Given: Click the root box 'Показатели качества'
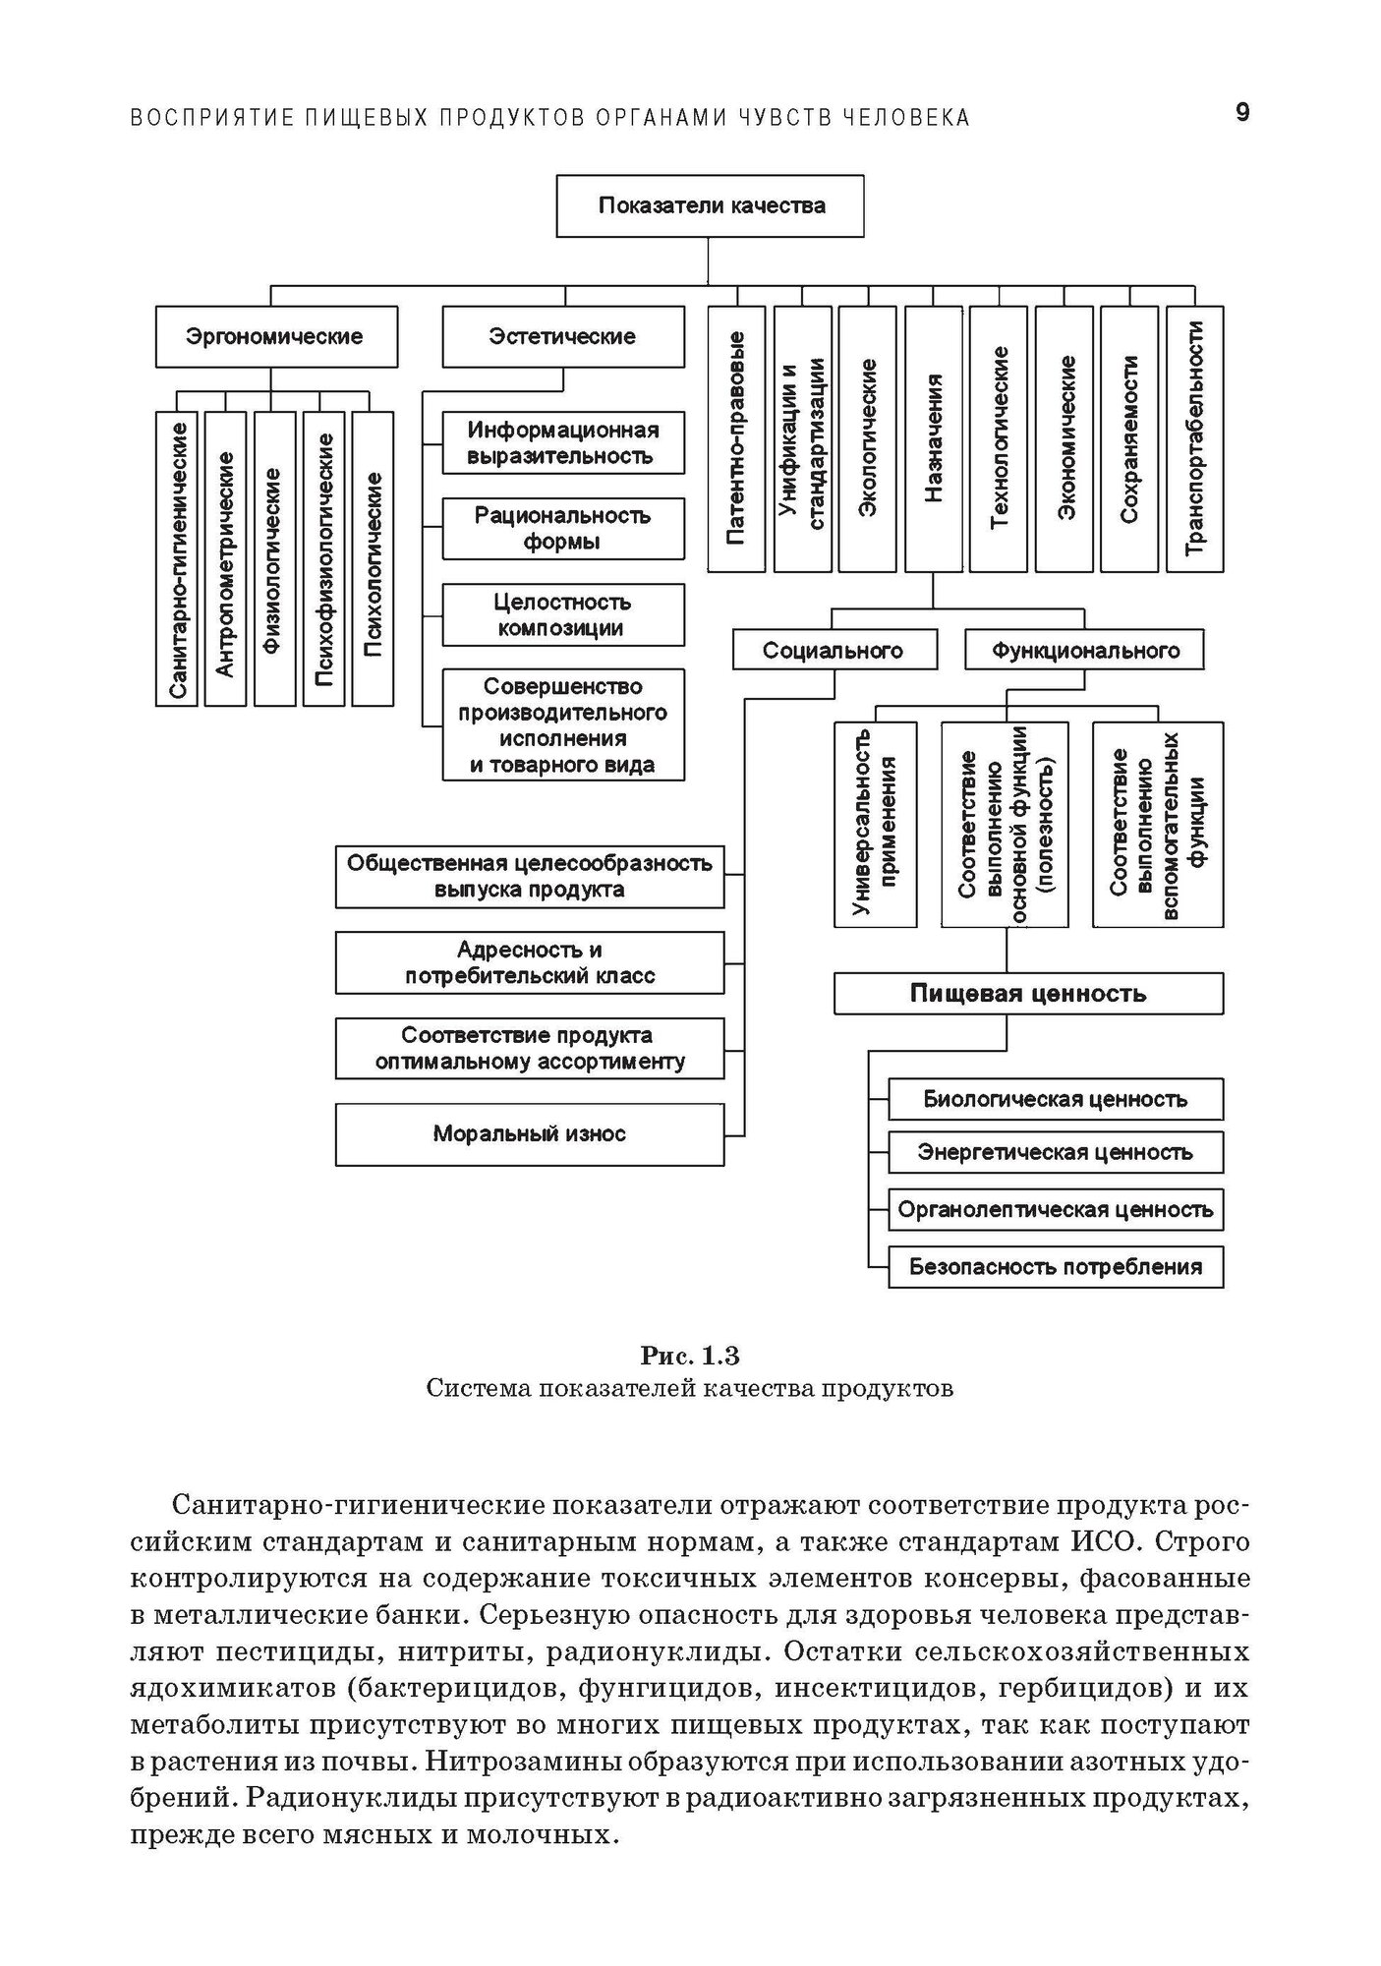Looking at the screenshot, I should click(710, 206).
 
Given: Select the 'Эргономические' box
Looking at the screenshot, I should click(276, 337).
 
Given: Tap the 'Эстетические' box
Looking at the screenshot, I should click(562, 337).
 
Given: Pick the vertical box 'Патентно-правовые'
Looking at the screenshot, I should click(736, 439).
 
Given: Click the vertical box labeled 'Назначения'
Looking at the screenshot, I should click(933, 439).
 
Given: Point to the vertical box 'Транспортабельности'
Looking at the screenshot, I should click(1194, 439).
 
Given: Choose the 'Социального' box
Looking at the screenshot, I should click(834, 650).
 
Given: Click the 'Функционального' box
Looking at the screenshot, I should click(1084, 650).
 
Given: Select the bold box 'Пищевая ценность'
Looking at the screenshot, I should click(1028, 994).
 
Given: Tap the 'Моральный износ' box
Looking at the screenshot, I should click(529, 1134).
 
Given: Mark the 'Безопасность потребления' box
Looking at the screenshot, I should click(1055, 1267).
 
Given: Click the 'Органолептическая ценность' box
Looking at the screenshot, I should click(1055, 1210).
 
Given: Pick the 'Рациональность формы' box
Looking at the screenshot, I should click(562, 529).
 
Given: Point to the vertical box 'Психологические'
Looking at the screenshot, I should click(373, 559).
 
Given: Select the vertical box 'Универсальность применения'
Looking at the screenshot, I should click(875, 824).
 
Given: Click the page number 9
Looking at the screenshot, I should click(1242, 113).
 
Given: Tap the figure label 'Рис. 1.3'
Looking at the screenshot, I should click(690, 1357).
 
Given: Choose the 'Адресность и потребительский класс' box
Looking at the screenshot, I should click(529, 963).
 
